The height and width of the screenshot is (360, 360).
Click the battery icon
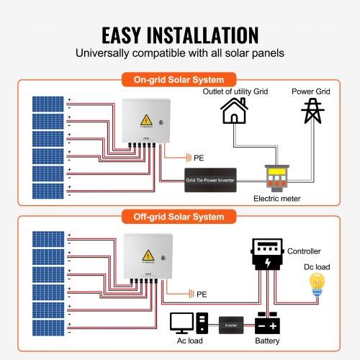267,322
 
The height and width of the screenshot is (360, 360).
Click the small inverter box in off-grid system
230,324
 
